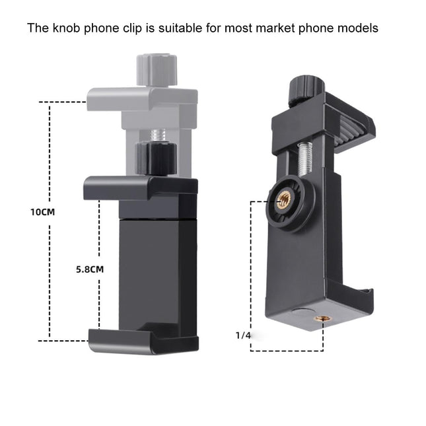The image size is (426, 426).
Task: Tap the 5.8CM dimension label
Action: click(x=89, y=270)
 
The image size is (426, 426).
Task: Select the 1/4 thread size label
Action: click(x=243, y=336)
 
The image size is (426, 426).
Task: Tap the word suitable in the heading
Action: click(x=174, y=28)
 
